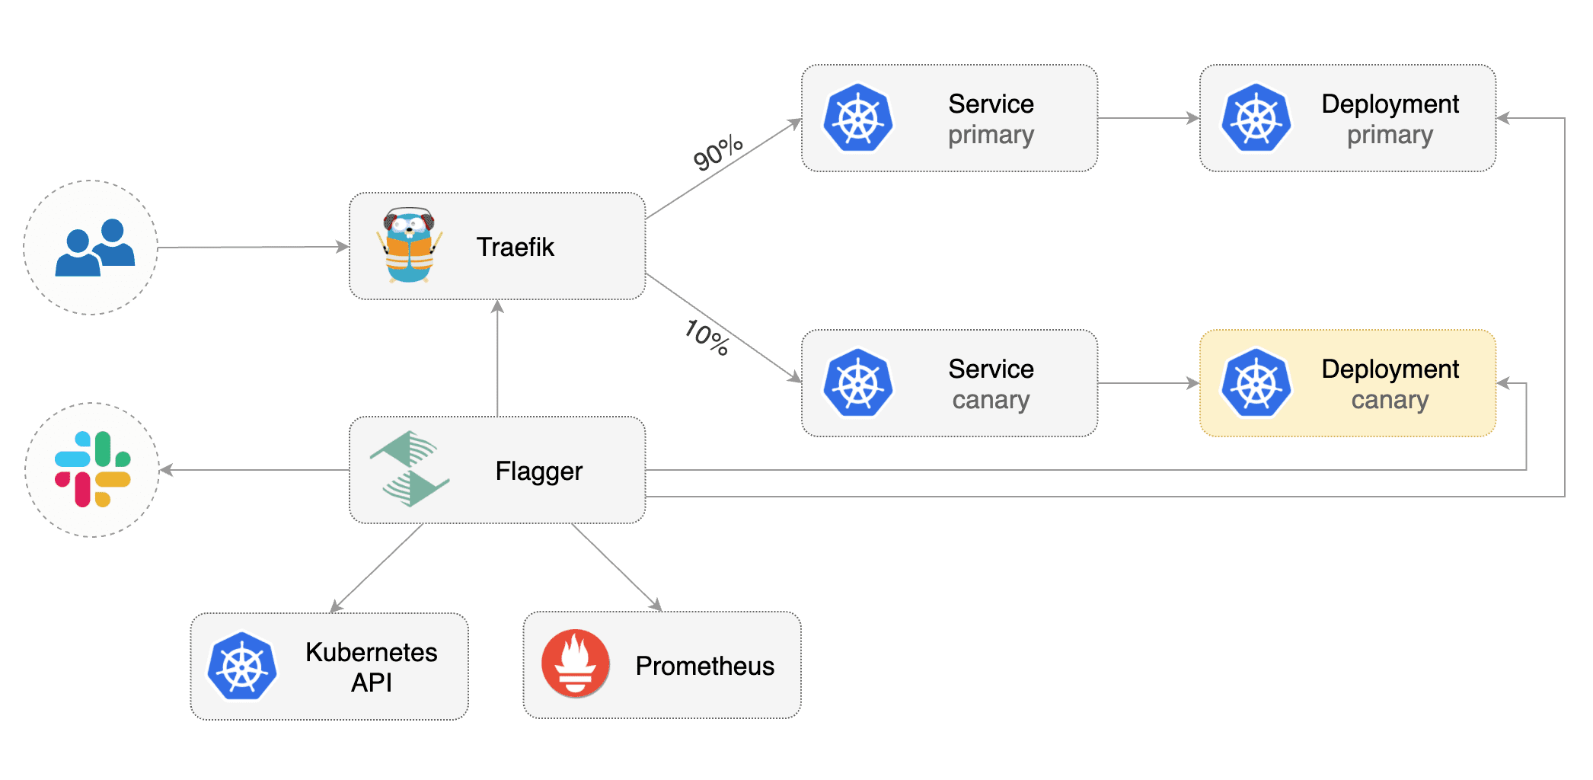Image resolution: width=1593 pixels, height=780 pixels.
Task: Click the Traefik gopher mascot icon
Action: point(410,245)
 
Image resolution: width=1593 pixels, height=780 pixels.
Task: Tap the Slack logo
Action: point(93,469)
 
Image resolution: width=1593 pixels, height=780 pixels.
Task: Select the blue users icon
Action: point(95,248)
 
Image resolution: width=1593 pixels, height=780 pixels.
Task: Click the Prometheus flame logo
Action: point(576,664)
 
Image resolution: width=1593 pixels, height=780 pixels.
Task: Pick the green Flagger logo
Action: point(410,469)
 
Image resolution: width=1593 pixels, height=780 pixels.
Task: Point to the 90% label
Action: point(717,152)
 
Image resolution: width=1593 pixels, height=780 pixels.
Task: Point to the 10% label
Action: point(707,337)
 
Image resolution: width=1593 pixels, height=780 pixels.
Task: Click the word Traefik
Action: point(515,247)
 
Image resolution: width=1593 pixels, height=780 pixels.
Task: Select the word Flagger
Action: point(538,471)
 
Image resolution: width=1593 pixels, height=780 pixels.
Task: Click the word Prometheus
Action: point(704,666)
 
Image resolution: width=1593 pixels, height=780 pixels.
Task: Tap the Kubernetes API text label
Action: point(371,667)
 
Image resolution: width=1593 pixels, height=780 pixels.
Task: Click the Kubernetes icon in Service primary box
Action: point(858,119)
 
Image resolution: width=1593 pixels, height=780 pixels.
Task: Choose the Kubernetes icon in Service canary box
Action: point(858,383)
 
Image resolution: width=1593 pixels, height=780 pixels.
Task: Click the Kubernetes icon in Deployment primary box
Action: point(1256,119)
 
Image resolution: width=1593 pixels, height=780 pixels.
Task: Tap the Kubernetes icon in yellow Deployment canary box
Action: point(1256,383)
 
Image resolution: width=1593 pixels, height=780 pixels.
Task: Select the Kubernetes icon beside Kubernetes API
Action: point(242,667)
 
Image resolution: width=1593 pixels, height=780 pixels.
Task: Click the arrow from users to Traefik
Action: point(251,247)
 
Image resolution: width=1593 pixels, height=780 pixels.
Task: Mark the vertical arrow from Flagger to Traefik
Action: point(497,358)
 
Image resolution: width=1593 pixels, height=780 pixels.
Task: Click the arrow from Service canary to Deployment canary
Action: point(1148,383)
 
